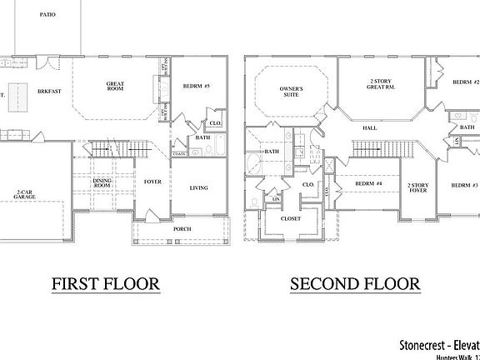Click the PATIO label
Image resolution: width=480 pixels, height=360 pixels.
[x=47, y=15]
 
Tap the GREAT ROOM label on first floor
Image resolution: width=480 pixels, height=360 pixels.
[x=115, y=86]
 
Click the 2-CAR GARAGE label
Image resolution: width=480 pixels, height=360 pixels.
[x=25, y=196]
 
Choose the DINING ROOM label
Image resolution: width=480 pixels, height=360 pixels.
[x=102, y=183]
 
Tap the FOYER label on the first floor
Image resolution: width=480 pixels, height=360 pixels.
[x=152, y=181]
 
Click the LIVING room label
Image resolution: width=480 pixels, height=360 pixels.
[x=198, y=187]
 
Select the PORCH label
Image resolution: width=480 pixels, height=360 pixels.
[x=182, y=228]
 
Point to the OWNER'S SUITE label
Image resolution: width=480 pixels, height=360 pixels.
[x=291, y=92]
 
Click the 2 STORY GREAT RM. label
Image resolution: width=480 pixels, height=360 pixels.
[x=382, y=83]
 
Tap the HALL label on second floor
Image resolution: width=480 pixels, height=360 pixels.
[x=371, y=127]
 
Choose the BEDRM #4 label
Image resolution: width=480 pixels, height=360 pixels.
[x=367, y=183]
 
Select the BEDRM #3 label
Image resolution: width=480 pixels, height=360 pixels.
[x=464, y=184]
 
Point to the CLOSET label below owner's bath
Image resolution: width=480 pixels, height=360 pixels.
[x=291, y=218]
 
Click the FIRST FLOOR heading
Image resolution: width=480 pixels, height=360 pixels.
[x=106, y=284]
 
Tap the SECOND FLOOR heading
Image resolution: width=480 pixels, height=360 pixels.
[x=355, y=284]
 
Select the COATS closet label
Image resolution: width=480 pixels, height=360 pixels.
[x=179, y=154]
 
